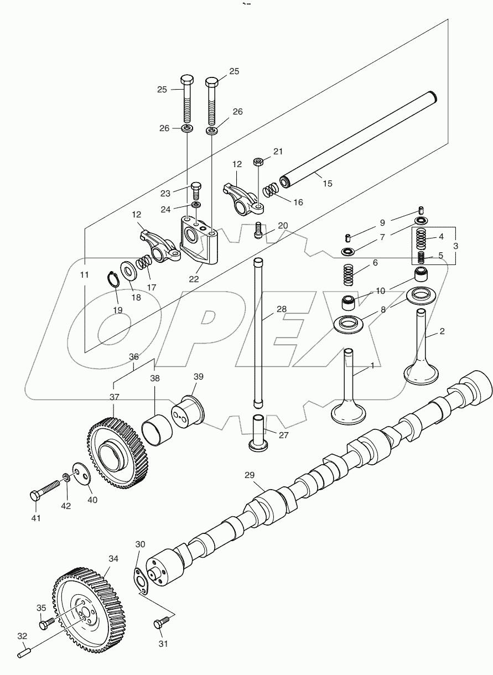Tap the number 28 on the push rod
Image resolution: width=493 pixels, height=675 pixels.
pyautogui.click(x=282, y=309)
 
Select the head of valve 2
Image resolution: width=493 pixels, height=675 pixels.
pyautogui.click(x=422, y=373)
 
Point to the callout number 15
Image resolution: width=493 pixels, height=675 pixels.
pyautogui.click(x=328, y=183)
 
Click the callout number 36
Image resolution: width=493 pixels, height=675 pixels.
pyautogui.click(x=134, y=357)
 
